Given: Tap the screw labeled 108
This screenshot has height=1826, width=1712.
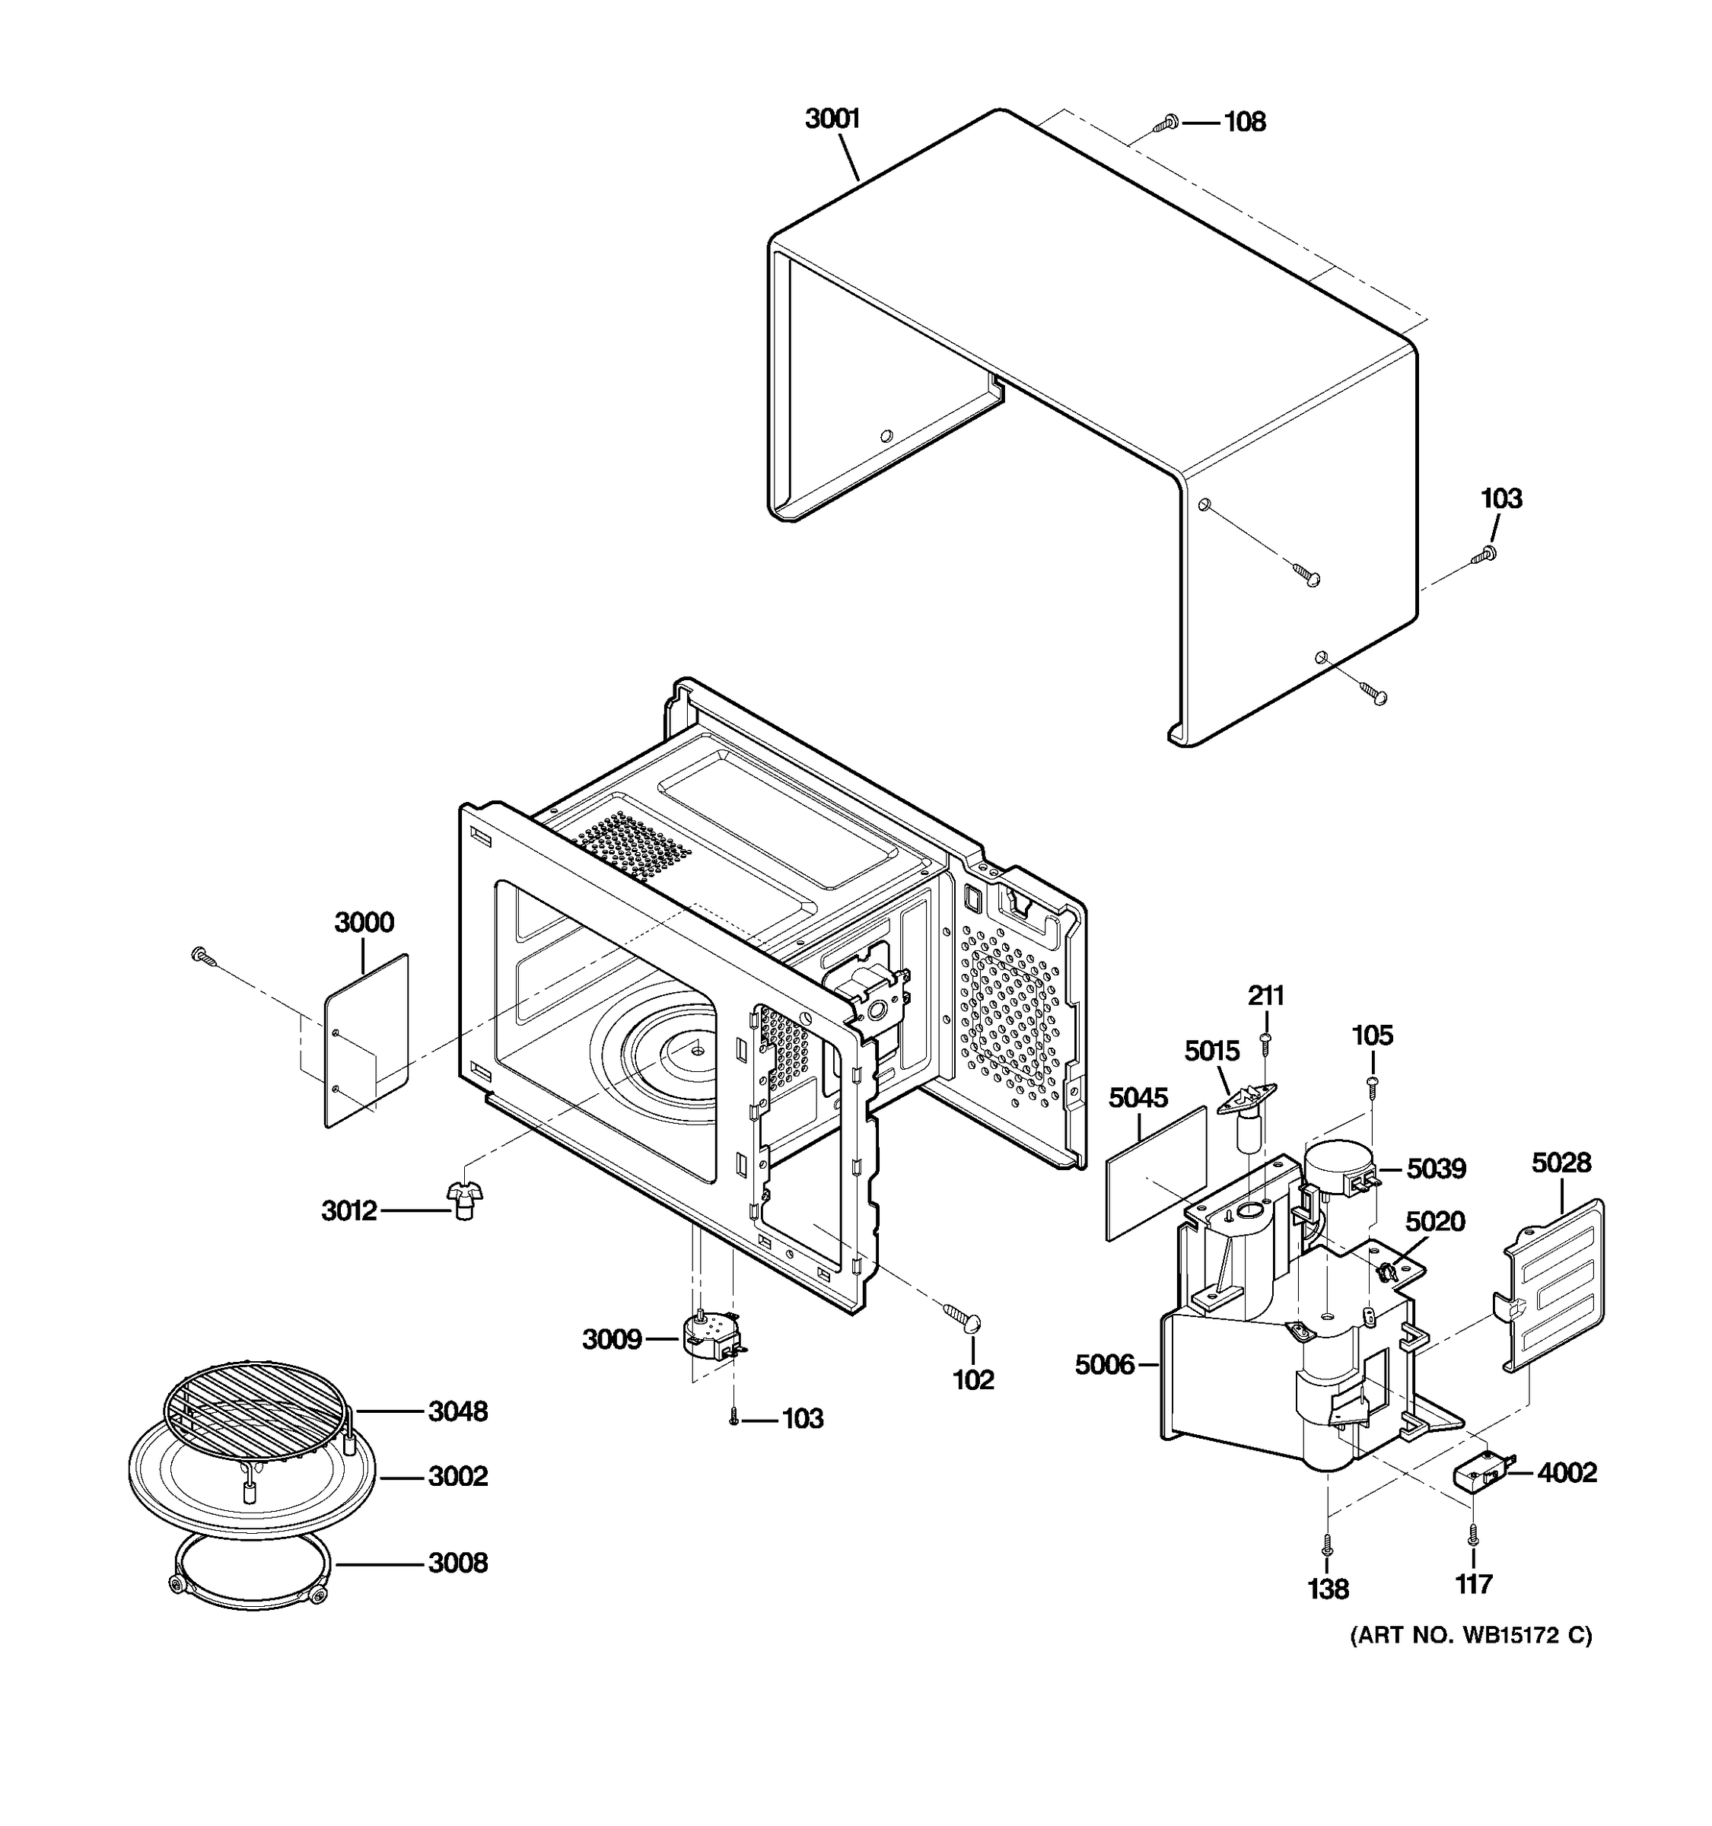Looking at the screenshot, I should coord(1169,122).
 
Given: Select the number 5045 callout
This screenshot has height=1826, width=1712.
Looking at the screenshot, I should coord(1138,1098).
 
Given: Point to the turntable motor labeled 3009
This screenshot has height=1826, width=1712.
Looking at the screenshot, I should coord(711,1338).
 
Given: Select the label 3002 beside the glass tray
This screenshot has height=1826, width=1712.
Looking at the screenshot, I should coord(457,1476).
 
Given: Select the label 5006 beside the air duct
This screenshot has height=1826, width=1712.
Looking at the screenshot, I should coord(1104,1365).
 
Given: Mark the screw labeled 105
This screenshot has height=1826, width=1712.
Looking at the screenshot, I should coord(1372,1085).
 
